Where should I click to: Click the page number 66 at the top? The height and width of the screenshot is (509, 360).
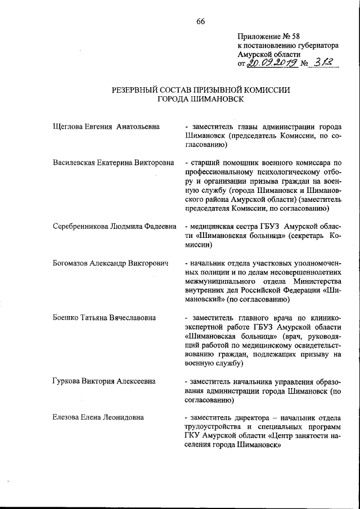(201, 22)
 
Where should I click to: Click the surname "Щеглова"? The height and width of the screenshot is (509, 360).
(69, 127)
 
